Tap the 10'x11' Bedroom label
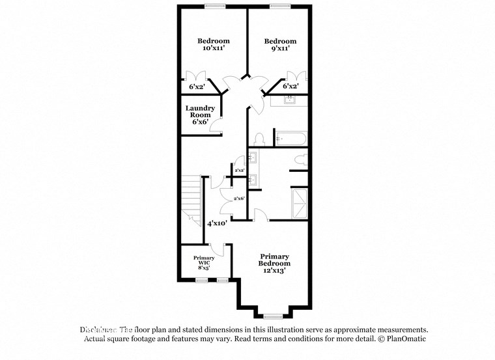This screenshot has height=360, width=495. [214, 44]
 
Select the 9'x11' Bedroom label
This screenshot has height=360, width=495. [280, 44]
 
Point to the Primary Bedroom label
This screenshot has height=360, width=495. [275, 264]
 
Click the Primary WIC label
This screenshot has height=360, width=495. [204, 262]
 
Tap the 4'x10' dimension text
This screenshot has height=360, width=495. [217, 223]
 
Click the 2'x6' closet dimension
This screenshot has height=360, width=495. [239, 199]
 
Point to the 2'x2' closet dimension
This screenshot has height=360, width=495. [239, 170]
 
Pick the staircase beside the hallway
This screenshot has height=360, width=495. [190, 199]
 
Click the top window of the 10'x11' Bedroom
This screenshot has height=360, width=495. [214, 7]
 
